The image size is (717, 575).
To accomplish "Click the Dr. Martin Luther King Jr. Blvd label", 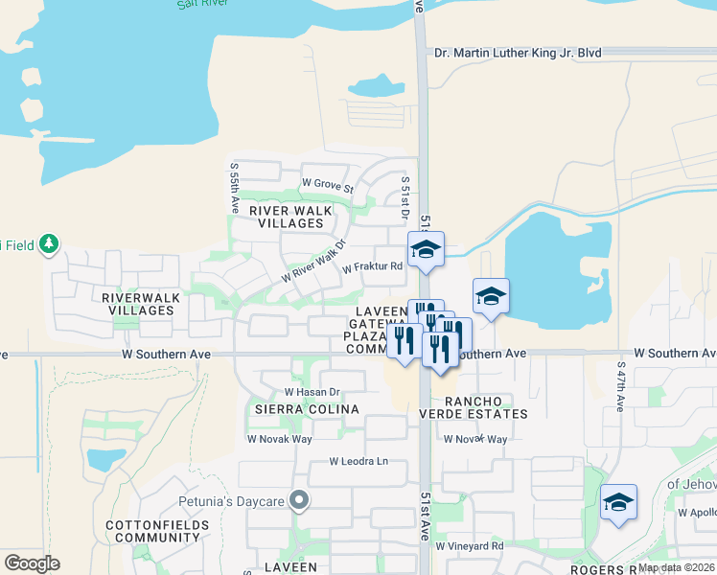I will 518,54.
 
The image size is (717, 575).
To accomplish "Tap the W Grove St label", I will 328,182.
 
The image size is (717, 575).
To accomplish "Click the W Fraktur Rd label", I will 372,267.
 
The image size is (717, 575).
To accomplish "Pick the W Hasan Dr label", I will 312,392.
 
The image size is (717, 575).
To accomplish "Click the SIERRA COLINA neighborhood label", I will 292,409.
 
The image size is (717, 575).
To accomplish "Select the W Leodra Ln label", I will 358,461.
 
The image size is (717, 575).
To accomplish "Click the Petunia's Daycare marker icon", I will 299,499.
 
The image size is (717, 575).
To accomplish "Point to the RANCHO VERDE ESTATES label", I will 474,405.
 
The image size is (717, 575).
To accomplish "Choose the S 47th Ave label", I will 621,387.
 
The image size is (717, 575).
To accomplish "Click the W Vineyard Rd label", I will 470,546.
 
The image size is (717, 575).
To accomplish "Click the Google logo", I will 32,563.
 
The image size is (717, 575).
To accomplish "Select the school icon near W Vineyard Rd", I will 618,502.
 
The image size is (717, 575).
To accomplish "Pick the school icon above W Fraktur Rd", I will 426,249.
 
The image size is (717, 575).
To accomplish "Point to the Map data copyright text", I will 676,567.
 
